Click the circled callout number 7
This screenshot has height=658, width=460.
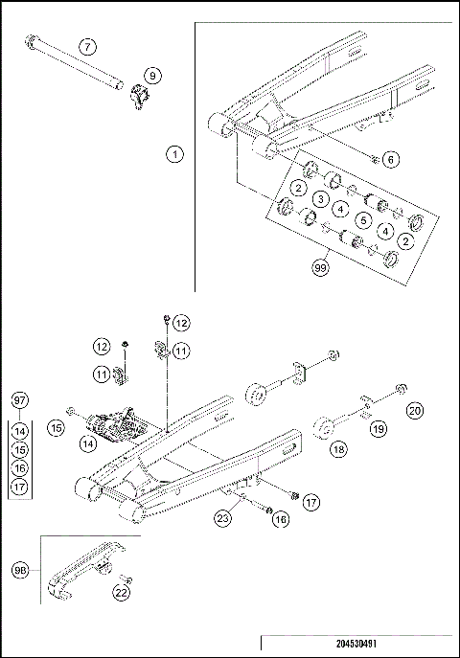click(87, 46)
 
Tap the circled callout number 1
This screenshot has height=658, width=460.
click(173, 152)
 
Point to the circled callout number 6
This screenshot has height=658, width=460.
click(390, 159)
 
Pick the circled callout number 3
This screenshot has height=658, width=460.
click(318, 198)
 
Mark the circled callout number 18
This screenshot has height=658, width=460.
click(339, 446)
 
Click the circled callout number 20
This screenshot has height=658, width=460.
click(414, 411)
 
